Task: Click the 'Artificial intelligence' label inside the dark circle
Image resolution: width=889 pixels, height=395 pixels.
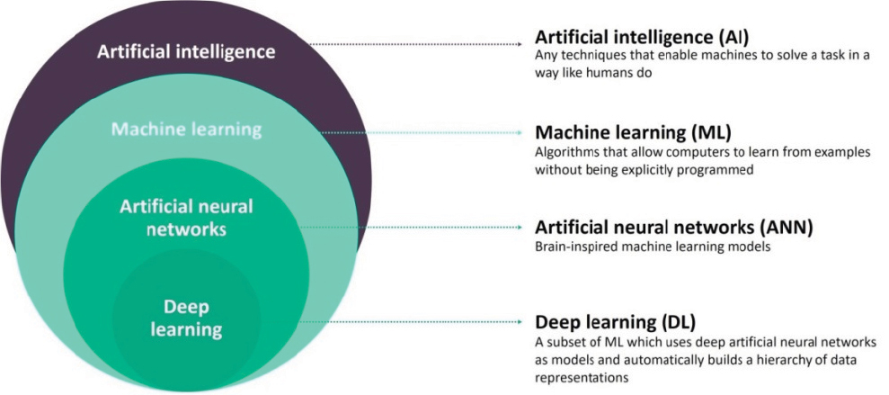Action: (x=186, y=51)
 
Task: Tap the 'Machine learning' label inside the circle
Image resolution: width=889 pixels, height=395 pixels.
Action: (x=187, y=130)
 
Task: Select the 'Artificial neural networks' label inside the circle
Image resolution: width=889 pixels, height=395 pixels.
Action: (x=186, y=218)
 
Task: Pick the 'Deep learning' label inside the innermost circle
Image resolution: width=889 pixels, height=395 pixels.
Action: (x=186, y=319)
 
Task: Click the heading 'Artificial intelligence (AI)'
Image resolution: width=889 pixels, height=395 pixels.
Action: (x=643, y=38)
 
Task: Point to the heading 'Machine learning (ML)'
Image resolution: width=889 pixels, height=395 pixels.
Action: (x=634, y=132)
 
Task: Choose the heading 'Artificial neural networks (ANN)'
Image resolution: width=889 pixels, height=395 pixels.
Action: (x=674, y=228)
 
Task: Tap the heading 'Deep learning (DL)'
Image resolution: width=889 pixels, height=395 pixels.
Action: (x=615, y=322)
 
